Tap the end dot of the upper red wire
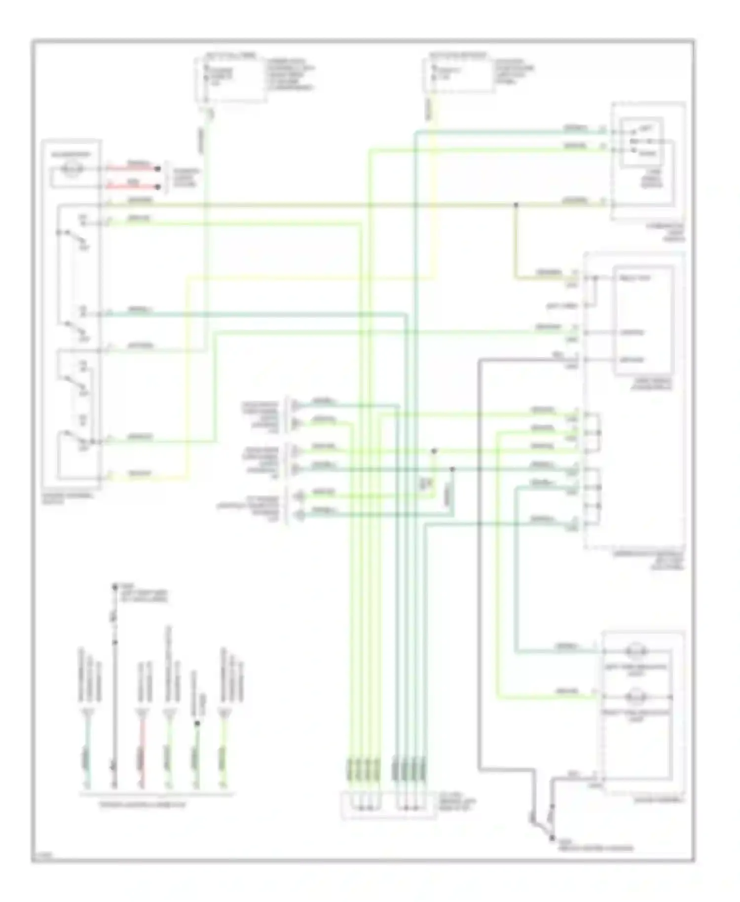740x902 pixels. click(x=158, y=169)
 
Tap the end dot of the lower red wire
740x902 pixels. click(x=158, y=187)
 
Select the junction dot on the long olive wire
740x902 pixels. click(x=516, y=204)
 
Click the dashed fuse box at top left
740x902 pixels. click(x=231, y=79)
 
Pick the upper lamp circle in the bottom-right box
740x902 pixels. click(x=636, y=651)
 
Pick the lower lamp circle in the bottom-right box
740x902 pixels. click(x=636, y=697)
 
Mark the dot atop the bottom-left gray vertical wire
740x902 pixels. click(x=114, y=587)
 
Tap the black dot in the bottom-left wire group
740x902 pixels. click(x=197, y=723)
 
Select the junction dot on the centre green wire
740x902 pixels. click(x=434, y=451)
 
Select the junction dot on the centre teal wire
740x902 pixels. click(x=452, y=469)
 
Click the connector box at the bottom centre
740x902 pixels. click(x=389, y=805)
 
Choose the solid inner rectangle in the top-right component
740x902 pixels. click(x=642, y=143)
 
